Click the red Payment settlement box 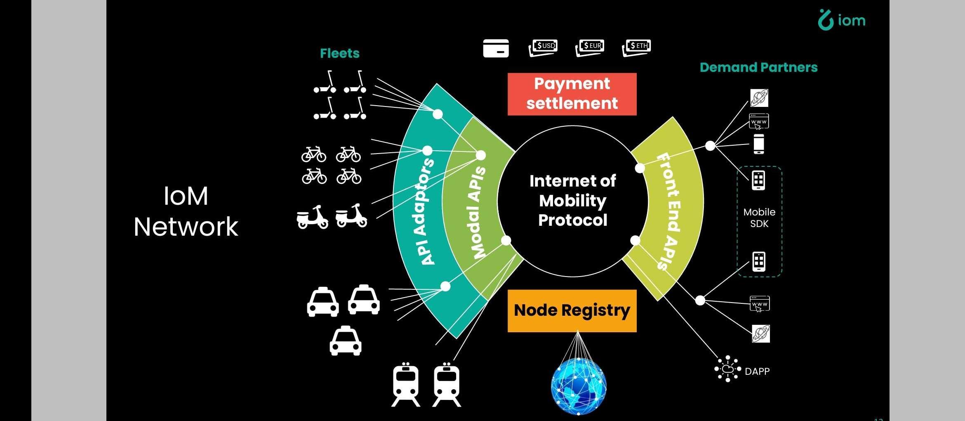pos(572,94)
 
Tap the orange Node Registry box pos(572,310)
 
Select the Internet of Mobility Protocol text pos(572,201)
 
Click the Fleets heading pos(339,53)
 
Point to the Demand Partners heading pos(758,67)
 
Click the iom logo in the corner pos(842,20)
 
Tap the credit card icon pos(496,48)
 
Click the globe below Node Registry pos(579,386)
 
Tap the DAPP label pos(757,371)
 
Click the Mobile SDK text pos(759,218)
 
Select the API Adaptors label pos(427,211)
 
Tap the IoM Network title pos(186,211)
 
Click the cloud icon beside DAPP pos(727,369)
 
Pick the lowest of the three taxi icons pos(346,341)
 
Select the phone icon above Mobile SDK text pos(758,180)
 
